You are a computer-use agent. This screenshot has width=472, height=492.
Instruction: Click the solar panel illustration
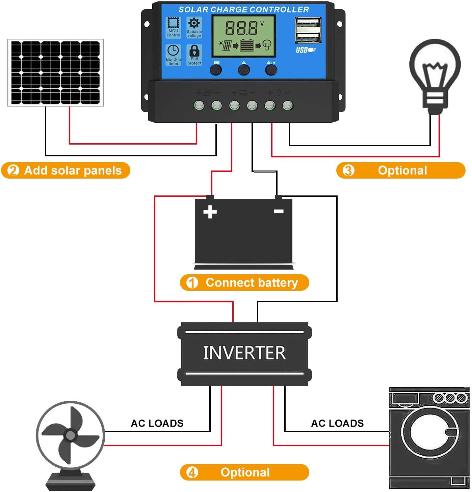55,72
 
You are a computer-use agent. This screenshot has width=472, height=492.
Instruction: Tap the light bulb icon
435,76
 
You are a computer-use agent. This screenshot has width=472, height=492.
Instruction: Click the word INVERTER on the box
244,353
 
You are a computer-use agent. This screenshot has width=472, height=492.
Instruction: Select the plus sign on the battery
210,212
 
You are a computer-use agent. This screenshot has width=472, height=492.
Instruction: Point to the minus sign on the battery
279,211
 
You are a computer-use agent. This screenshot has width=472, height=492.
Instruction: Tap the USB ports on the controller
308,30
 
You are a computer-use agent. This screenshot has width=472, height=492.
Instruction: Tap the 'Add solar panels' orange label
65,171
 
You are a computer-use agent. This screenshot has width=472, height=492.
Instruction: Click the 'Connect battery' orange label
244,282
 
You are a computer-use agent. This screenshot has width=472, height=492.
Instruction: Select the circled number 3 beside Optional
348,171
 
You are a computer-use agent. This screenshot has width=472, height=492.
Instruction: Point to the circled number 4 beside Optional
192,472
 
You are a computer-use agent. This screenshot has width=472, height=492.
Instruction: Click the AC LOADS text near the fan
157,423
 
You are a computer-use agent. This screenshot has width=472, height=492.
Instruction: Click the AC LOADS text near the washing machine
337,423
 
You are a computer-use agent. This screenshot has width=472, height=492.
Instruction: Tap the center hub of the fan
71,435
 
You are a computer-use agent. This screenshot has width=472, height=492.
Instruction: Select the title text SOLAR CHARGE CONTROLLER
243,9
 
